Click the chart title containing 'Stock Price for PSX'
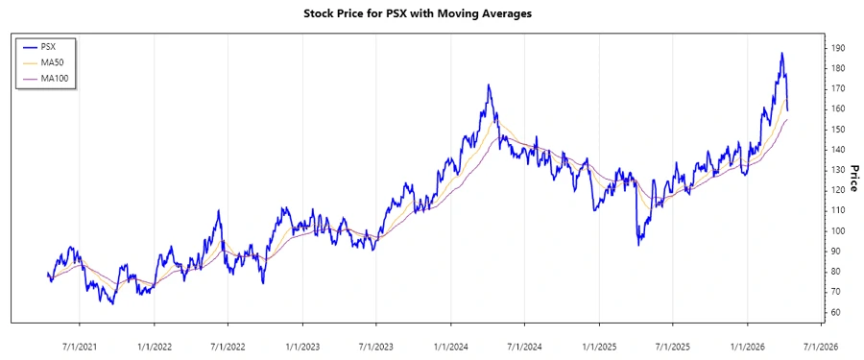pos(431,13)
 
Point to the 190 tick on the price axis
pos(839,48)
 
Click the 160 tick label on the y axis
pos(839,108)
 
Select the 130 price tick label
pos(839,170)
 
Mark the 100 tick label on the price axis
pos(839,231)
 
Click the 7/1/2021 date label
pos(79,346)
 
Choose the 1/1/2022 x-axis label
pos(154,346)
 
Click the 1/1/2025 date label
pos(599,346)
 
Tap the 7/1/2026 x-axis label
pos(821,346)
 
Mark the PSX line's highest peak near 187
pos(781,54)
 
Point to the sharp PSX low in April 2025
pos(638,245)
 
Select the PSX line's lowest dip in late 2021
pos(112,304)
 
